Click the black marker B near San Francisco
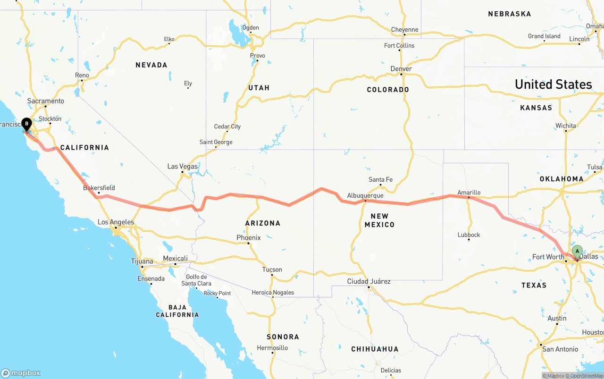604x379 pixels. [x=27, y=124]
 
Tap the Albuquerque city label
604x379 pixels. [x=365, y=195]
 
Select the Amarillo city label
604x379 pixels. [x=469, y=193]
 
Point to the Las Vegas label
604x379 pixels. [x=183, y=166]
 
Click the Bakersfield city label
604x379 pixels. [x=99, y=188]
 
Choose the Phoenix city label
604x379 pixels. [x=249, y=238]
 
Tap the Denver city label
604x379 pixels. [x=401, y=69]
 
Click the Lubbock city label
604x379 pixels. [x=469, y=235]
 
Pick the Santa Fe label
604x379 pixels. [x=380, y=179]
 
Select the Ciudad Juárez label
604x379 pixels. [x=369, y=281]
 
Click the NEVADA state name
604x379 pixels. [x=151, y=65]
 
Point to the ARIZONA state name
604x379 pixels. [x=263, y=223]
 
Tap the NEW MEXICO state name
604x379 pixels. [x=379, y=220]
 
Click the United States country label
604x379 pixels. [x=553, y=84]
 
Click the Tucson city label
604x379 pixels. [x=272, y=270]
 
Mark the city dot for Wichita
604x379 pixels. [x=566, y=131]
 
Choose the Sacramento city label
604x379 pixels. [x=46, y=101]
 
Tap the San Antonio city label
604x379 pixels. [x=560, y=349]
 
